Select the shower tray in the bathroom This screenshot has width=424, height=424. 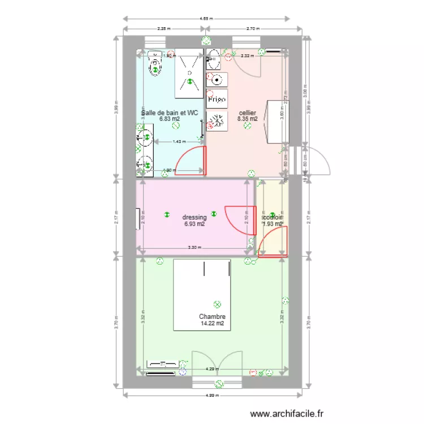point(188,73)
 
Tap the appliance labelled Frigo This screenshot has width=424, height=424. point(217,99)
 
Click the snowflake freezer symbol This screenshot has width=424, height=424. point(217,120)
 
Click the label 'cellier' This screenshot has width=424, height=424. point(247,113)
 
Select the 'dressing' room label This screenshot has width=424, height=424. point(194,217)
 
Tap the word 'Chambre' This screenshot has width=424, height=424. point(212,317)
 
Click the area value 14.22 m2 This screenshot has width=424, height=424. point(212,324)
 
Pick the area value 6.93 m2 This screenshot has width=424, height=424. point(194,224)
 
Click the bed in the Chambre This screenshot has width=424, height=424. point(202,295)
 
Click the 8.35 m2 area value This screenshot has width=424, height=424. point(247,119)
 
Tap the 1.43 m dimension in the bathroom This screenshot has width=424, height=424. point(178,142)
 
